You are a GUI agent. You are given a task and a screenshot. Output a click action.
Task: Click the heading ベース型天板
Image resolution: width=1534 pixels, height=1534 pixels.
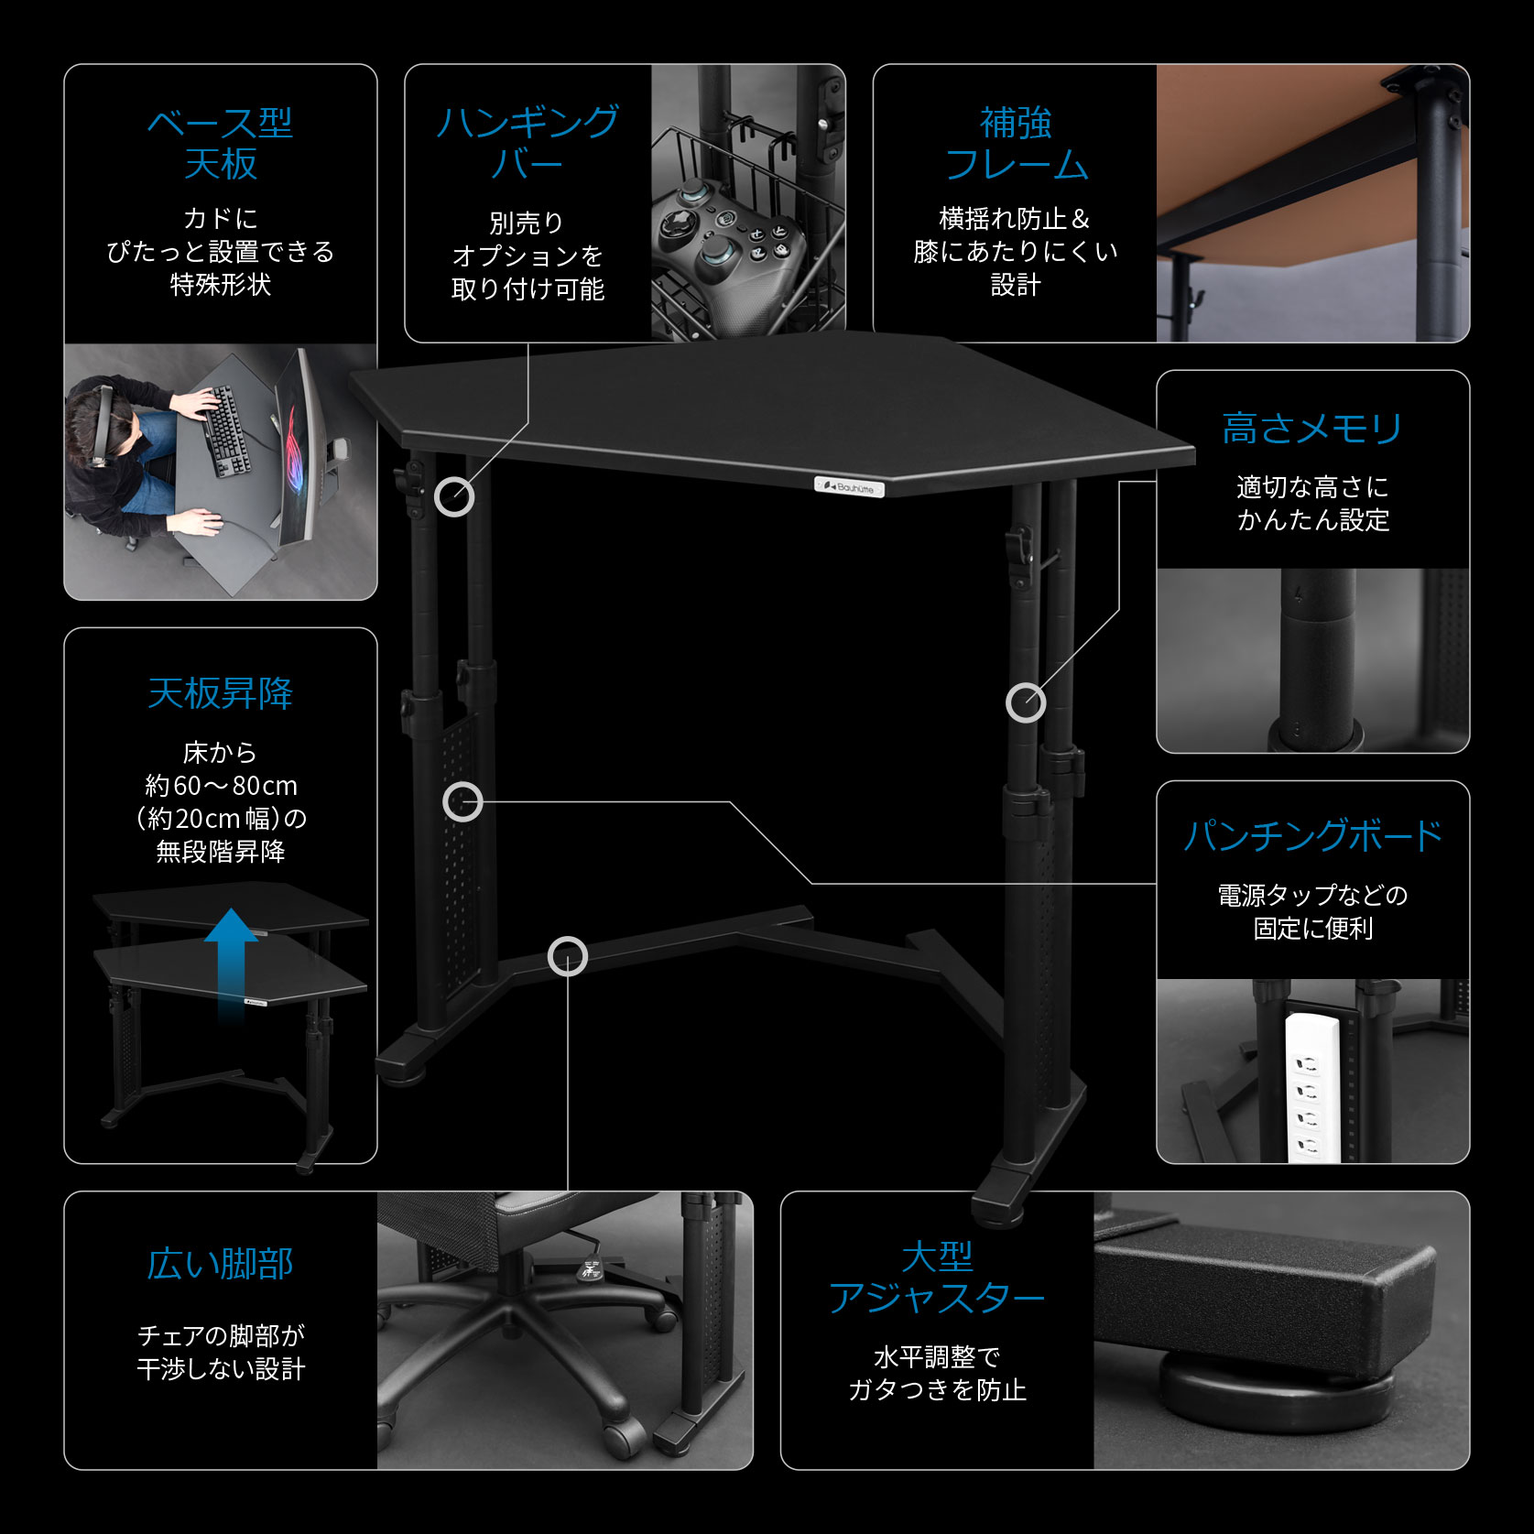click(220, 143)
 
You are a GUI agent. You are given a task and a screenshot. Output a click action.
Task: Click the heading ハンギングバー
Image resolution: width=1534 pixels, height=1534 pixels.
click(528, 143)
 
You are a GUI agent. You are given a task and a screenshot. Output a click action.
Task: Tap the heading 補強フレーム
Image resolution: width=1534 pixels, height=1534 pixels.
click(1016, 144)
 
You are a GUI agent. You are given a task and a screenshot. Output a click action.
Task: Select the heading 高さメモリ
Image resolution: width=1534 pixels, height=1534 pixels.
click(1312, 429)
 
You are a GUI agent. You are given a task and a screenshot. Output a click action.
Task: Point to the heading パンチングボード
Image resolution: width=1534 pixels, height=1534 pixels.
click(1312, 835)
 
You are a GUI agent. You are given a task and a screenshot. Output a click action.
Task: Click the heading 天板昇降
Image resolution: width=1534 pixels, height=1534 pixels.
click(220, 693)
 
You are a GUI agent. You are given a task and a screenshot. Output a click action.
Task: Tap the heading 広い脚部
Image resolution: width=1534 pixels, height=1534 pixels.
click(220, 1264)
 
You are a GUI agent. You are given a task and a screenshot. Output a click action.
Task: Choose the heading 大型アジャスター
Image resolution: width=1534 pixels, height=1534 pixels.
click(936, 1278)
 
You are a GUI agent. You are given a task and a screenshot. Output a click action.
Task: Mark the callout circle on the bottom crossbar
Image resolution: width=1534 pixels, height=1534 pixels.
click(568, 957)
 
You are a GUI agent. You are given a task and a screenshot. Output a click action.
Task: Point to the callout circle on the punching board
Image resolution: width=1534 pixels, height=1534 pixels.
click(462, 802)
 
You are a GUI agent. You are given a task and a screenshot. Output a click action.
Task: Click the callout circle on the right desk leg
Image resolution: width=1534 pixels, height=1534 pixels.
click(1026, 702)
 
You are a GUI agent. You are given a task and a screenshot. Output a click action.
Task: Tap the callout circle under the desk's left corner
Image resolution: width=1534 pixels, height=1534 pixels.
click(454, 497)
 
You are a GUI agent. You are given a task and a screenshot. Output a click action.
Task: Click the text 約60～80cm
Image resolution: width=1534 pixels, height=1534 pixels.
click(221, 786)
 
